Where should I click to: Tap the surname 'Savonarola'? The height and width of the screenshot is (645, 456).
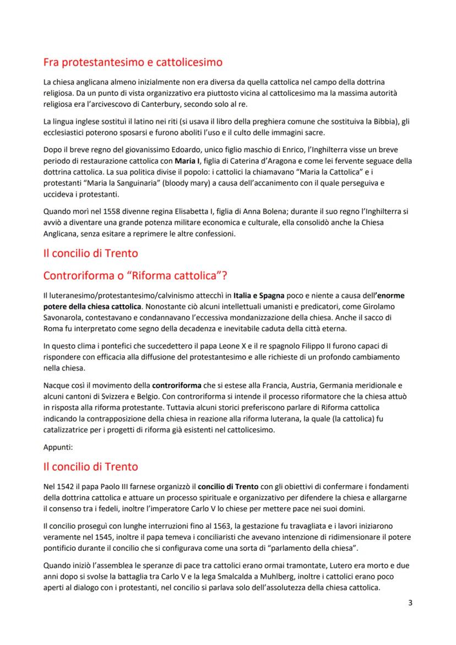pyautogui.click(x=64, y=318)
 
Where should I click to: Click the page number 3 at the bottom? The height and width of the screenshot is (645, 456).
pyautogui.click(x=410, y=602)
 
